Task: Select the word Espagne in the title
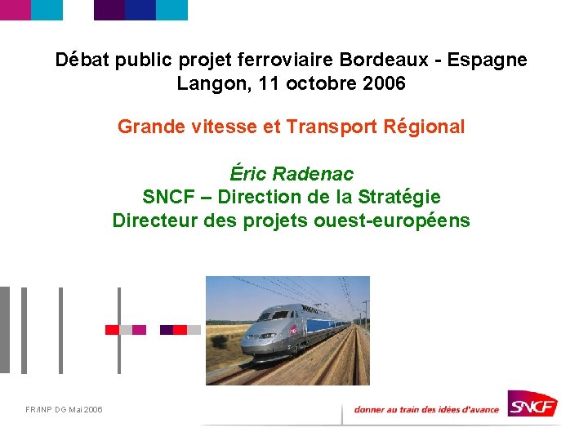tap(488, 60)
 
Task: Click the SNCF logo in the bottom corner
tap(532, 403)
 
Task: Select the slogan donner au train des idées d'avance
tap(425, 409)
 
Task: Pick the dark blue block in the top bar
tap(140, 10)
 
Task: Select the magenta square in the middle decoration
tap(140, 330)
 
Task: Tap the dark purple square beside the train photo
tap(167, 330)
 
